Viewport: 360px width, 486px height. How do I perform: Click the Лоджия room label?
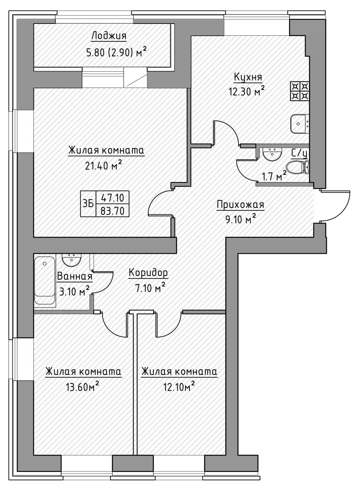point(109,36)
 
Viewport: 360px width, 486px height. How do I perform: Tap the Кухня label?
point(248,77)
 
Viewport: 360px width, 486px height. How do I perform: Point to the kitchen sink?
point(300,123)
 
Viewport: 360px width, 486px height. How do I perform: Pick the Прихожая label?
point(240,205)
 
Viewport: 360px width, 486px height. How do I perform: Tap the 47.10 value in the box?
point(112,198)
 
